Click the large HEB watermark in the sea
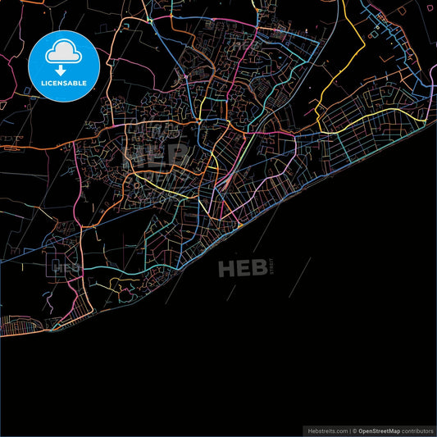click(241, 267)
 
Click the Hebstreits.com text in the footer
click(325, 430)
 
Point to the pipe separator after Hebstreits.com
click(348, 430)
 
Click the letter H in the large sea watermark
click(225, 267)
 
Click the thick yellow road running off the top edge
click(353, 25)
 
